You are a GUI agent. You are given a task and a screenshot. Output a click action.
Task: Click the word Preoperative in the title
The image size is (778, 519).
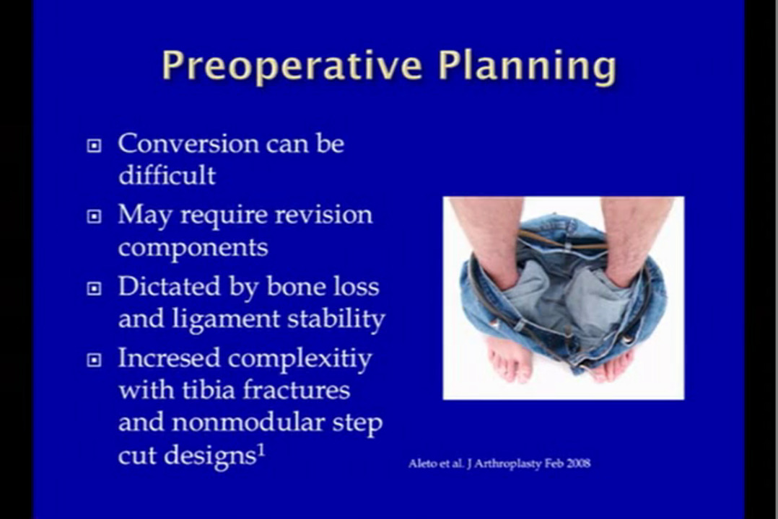coord(292,66)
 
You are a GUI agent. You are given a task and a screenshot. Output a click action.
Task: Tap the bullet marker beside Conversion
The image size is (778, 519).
coord(95,145)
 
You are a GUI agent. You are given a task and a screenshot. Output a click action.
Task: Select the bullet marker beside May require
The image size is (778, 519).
coord(95,217)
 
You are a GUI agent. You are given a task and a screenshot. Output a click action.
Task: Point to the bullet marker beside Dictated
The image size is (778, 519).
coord(95,288)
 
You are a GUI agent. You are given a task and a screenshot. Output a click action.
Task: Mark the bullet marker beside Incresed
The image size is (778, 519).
coord(95,360)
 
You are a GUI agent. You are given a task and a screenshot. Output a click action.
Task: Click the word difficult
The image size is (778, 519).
coord(167,175)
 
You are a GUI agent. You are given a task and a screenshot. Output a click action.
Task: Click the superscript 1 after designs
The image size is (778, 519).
coord(261,450)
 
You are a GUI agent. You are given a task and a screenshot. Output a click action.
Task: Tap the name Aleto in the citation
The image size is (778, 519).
coord(421,463)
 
